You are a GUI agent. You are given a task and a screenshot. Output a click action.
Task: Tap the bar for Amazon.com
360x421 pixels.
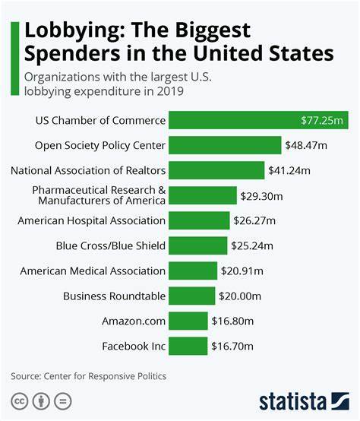(188, 321)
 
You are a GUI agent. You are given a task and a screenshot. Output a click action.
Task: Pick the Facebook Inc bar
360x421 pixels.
(188, 346)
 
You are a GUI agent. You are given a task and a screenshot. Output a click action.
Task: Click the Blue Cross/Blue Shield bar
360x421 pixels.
(197, 245)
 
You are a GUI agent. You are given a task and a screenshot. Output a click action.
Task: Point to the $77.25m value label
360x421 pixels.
(323, 120)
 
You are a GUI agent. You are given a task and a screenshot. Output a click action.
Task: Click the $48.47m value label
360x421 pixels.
(306, 145)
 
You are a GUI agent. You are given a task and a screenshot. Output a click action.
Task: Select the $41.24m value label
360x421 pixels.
(289, 170)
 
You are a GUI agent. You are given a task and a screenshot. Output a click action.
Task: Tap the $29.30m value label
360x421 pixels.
(262, 195)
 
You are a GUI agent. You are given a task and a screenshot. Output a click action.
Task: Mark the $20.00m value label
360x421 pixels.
(240, 296)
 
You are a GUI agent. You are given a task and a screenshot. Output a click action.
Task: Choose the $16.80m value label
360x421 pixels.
(232, 321)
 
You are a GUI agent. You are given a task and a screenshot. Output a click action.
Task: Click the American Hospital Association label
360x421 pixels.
(91, 220)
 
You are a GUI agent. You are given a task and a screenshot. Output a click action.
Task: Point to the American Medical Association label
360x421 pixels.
(93, 271)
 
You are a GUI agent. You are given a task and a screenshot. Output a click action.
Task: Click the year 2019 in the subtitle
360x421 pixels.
(171, 93)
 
